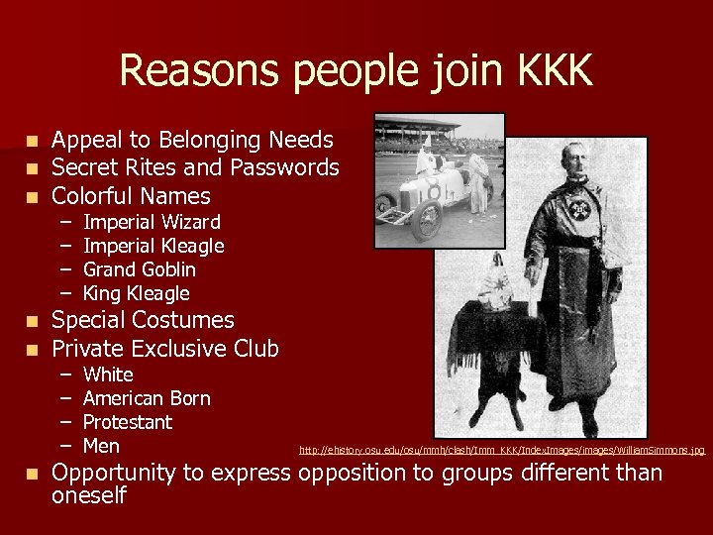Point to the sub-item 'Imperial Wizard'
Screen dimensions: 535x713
tap(152, 222)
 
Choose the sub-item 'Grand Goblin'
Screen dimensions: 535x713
tap(140, 269)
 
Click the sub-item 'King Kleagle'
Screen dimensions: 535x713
tap(136, 293)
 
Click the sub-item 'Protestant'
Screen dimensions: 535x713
tap(128, 422)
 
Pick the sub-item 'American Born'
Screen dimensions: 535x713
tap(147, 398)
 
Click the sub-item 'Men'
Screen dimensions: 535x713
tap(101, 446)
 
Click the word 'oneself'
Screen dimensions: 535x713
tap(89, 496)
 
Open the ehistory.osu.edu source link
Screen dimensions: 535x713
tap(502, 451)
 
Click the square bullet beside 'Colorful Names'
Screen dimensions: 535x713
tap(35, 195)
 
